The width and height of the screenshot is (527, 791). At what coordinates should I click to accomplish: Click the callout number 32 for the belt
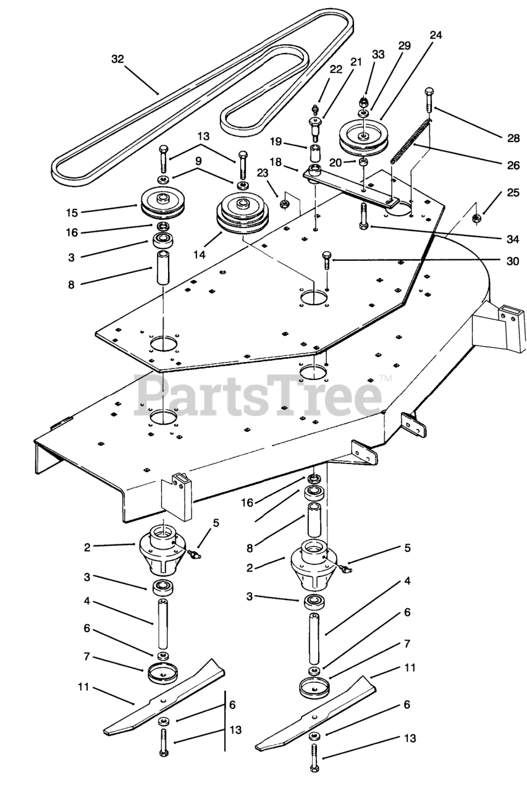tap(117, 59)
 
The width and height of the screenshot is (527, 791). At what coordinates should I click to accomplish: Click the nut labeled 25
tap(478, 218)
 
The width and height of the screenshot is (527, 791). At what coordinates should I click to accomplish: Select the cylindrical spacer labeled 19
tap(316, 151)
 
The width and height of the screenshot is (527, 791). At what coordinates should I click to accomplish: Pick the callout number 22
tap(335, 69)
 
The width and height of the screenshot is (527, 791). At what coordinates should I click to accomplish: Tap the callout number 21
tap(356, 61)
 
